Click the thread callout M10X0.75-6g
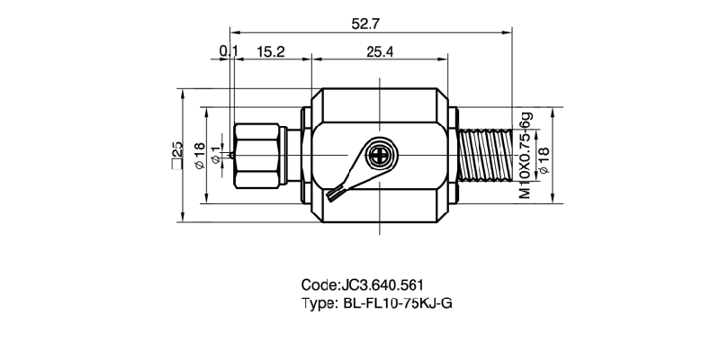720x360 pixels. (x=525, y=155)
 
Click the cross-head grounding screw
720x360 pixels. (x=382, y=155)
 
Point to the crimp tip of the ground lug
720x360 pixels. (x=336, y=193)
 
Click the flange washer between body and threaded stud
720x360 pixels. (x=454, y=155)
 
